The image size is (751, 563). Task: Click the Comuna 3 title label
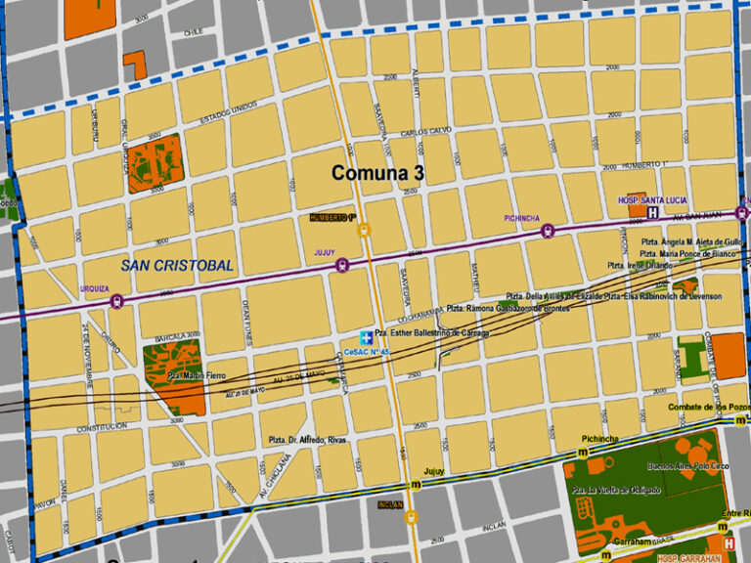[379, 173]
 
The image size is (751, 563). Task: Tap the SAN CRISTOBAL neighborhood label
[177, 265]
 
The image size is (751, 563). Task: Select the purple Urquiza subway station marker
[117, 301]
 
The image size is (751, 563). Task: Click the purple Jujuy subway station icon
[341, 264]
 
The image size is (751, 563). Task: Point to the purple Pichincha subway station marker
[547, 232]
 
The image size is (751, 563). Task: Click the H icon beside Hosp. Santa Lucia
[652, 211]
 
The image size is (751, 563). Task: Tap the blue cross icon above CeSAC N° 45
[364, 336]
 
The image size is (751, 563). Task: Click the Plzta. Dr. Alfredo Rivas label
[309, 440]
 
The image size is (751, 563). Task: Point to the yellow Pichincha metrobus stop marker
[583, 453]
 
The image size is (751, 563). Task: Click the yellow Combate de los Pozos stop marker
[740, 419]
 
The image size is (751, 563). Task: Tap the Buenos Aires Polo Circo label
[675, 466]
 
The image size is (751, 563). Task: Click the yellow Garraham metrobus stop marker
[584, 540]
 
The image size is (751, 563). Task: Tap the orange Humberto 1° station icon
[364, 231]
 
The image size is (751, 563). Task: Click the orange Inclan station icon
[412, 516]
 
